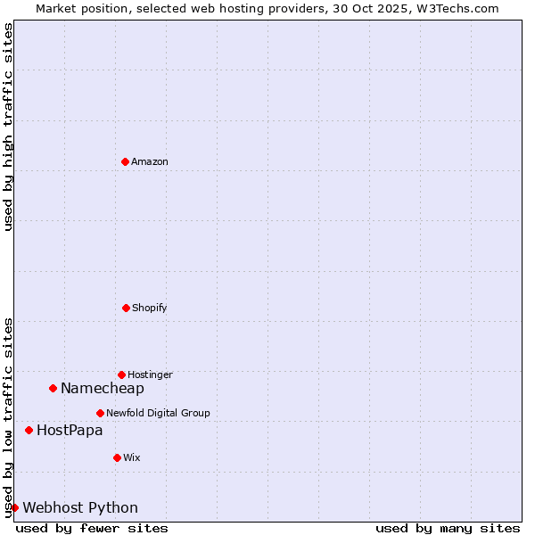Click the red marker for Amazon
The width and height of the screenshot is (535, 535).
pyautogui.click(x=125, y=161)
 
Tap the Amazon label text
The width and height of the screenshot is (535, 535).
pyautogui.click(x=150, y=161)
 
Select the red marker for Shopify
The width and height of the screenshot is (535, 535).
pyautogui.click(x=126, y=308)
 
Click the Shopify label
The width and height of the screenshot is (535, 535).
pyautogui.click(x=149, y=308)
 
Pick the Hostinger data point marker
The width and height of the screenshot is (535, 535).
pyautogui.click(x=121, y=374)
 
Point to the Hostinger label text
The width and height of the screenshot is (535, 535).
pyautogui.click(x=150, y=374)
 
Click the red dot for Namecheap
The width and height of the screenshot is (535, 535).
pyautogui.click(x=53, y=388)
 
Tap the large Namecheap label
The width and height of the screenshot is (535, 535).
pyautogui.click(x=102, y=388)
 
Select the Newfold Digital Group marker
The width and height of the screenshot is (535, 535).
pyautogui.click(x=100, y=413)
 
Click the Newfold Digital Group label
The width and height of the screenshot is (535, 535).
pyautogui.click(x=158, y=413)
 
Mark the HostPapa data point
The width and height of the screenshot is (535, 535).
pyautogui.click(x=29, y=430)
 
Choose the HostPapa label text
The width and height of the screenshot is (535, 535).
pyautogui.click(x=70, y=430)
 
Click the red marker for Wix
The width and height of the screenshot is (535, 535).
pyautogui.click(x=117, y=457)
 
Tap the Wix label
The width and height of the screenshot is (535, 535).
pyautogui.click(x=132, y=457)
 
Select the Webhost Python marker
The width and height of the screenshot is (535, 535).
pyautogui.click(x=14, y=507)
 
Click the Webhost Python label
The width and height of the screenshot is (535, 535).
pyautogui.click(x=80, y=507)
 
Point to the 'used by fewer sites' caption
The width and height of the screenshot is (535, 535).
pyautogui.click(x=92, y=528)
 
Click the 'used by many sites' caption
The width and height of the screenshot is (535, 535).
pyautogui.click(x=448, y=528)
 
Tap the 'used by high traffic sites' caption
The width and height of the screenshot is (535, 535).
pyautogui.click(x=8, y=127)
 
